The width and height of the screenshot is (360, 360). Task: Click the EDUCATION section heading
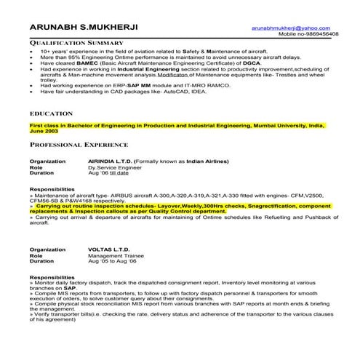[51, 114]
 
